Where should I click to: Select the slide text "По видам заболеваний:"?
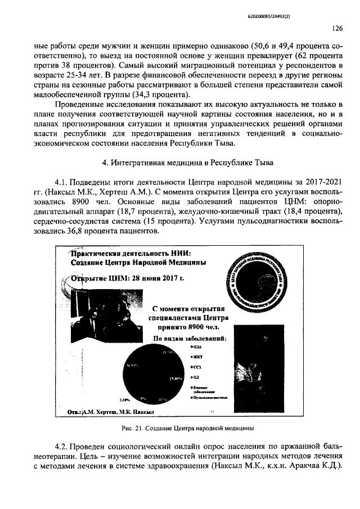pyautogui.click(x=190, y=339)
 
